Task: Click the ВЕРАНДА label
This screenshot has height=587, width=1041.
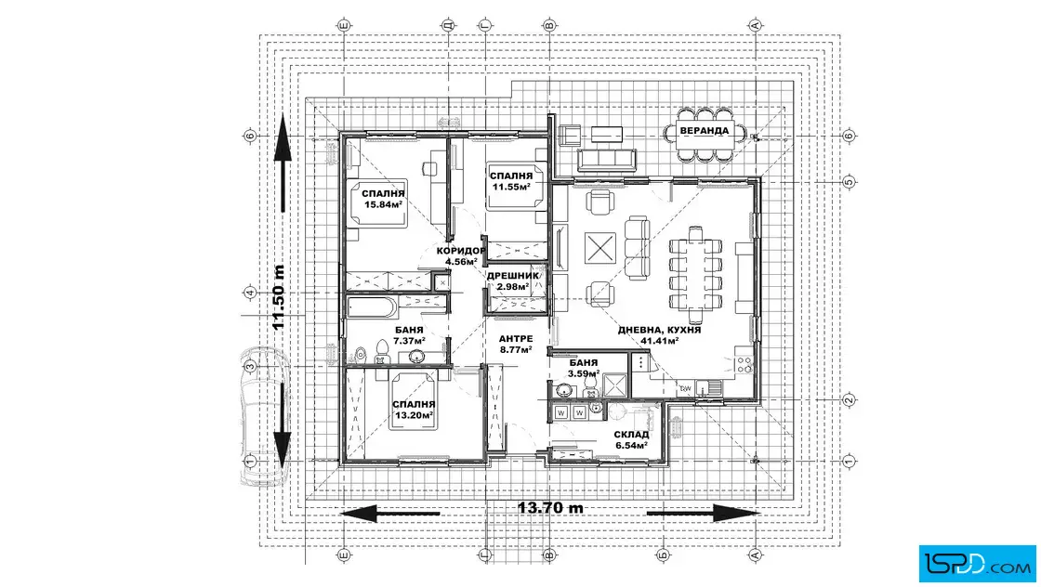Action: coord(705,131)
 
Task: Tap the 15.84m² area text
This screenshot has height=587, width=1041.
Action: coord(383,204)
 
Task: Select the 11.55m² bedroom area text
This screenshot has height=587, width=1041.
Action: coord(510,187)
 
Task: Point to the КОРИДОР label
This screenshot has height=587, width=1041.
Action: coord(461,251)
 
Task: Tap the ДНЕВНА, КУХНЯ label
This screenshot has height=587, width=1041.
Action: coord(660,331)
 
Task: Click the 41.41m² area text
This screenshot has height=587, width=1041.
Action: coord(660,342)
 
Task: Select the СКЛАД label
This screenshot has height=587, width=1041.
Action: coord(630,435)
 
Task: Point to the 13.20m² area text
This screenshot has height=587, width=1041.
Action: coord(414,416)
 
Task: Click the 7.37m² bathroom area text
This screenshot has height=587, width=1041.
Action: coord(409,342)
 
